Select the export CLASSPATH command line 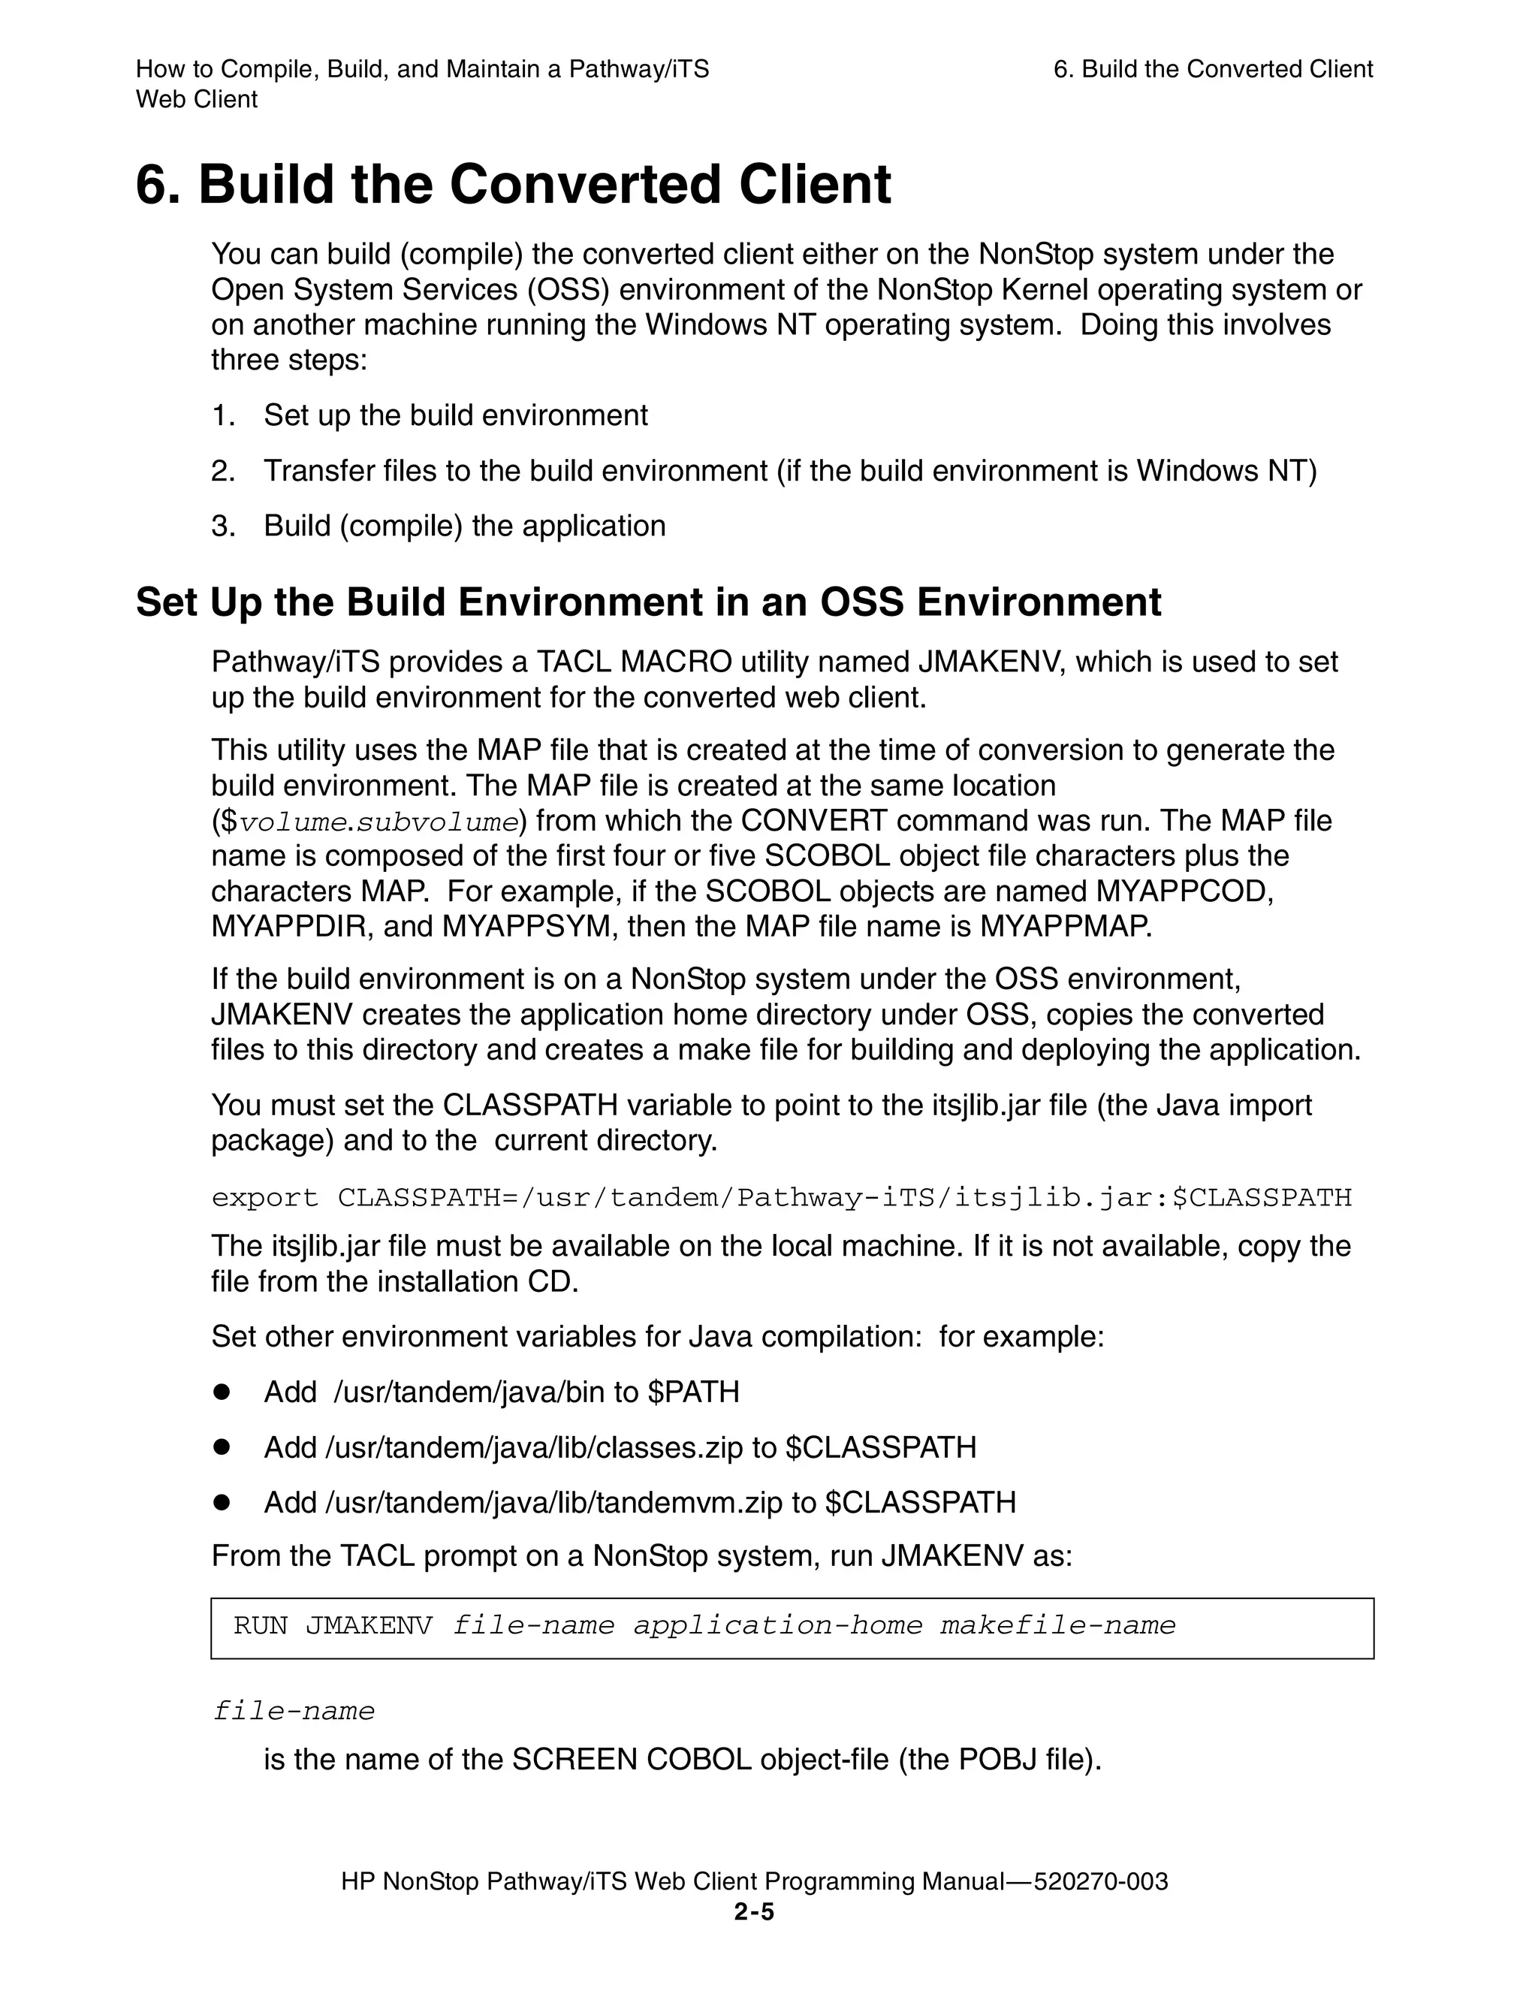(x=781, y=1197)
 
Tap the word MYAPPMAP (x=1064, y=927)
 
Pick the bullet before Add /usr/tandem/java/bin (x=221, y=1392)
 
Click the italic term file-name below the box (x=293, y=1710)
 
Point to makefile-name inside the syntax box (x=1058, y=1625)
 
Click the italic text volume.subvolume (x=378, y=822)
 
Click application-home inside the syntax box (x=778, y=1625)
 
